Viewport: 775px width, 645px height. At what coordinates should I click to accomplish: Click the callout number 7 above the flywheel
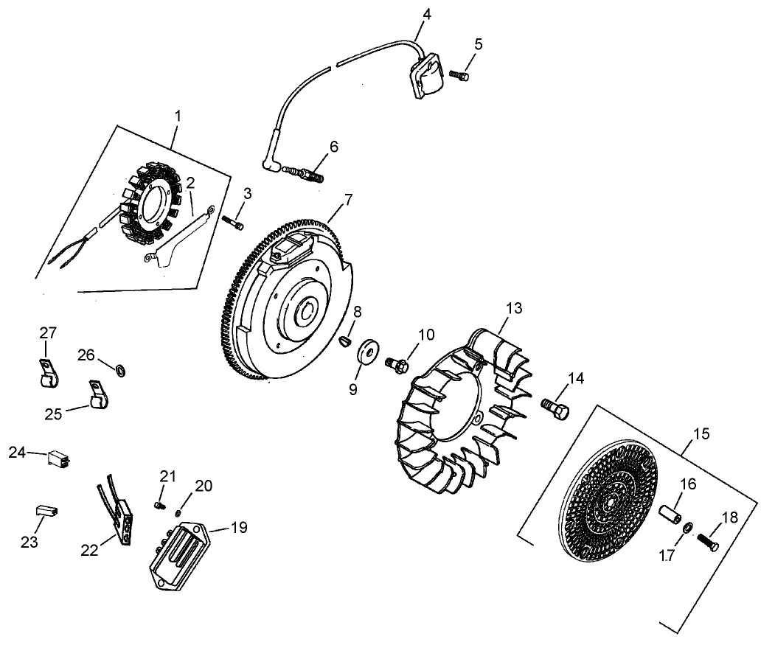348,199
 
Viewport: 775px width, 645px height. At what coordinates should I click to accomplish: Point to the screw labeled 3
235,223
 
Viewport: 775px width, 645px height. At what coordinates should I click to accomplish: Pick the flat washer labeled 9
366,350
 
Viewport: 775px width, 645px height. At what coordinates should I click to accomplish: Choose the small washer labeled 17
687,528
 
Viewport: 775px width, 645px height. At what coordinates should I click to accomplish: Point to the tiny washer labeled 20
179,512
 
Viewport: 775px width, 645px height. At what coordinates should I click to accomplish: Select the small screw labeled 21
158,506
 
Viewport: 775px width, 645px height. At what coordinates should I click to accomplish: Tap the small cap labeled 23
47,510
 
